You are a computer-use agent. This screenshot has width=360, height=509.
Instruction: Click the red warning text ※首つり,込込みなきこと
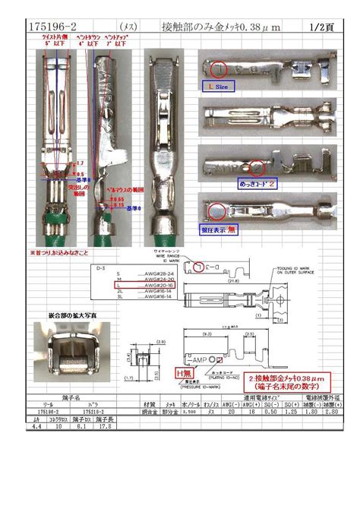(x=59, y=251)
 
